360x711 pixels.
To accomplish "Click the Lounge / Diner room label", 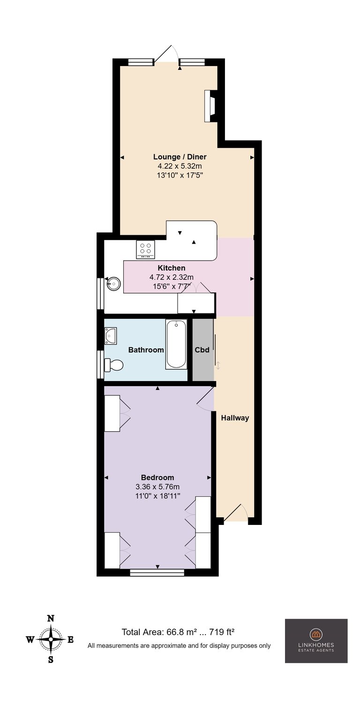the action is [180, 157].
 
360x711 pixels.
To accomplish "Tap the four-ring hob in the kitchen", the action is [145, 249].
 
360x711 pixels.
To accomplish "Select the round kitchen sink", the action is [113, 284].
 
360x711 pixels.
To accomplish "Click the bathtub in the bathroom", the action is [176, 344].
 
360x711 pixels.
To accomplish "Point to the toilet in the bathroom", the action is [113, 365].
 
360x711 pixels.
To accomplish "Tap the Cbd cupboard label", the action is [202, 350].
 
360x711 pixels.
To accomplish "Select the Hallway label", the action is [235, 418].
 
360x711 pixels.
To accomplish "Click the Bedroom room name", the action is [157, 478].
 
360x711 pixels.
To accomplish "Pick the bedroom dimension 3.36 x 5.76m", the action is [157, 486].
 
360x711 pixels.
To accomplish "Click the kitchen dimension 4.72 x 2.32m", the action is [172, 277].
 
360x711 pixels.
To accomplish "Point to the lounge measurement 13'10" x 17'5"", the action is [180, 175].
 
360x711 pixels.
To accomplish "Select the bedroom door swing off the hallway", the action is [205, 399].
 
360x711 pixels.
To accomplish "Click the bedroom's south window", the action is [157, 572].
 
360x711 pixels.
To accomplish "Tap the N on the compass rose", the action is [51, 618].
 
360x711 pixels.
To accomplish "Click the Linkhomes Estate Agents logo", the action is [316, 641].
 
